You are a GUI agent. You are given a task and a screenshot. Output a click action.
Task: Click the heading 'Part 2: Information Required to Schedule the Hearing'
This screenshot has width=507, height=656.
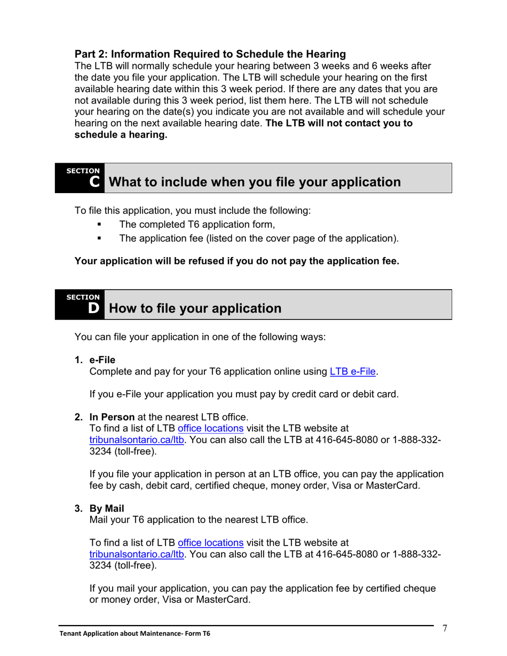pos(210,54)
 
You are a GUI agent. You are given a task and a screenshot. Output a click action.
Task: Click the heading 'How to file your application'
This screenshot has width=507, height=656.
pos(195,308)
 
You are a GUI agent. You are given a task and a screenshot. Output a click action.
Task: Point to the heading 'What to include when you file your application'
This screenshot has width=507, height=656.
pos(255,182)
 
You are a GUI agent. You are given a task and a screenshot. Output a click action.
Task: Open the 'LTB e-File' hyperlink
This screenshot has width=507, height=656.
pos(353,372)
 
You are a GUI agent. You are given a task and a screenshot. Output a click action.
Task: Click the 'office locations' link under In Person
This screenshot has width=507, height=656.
pos(210,428)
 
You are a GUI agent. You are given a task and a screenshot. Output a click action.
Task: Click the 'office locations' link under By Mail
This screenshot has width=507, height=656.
pos(210,543)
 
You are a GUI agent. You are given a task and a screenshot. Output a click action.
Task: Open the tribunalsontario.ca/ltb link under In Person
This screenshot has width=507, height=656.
pos(137,439)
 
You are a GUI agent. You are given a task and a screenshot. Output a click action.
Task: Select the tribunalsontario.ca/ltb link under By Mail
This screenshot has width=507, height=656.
pos(137,555)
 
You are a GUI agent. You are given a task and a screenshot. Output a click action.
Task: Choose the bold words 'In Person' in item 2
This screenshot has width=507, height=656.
pos(112,417)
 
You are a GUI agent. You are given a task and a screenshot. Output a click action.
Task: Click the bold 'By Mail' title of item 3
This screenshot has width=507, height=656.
pos(107,509)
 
